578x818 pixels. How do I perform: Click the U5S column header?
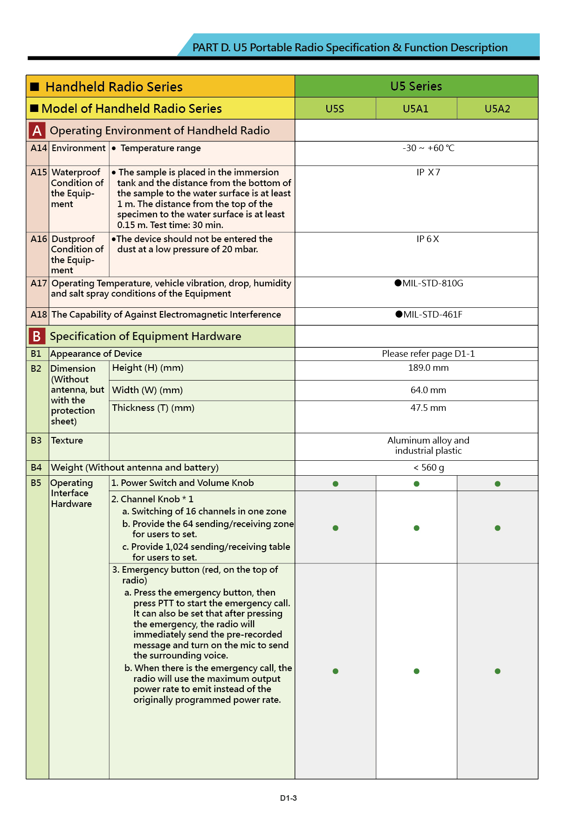pyautogui.click(x=335, y=109)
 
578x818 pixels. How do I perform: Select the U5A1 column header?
pyautogui.click(x=415, y=109)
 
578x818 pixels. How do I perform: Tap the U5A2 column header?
pyautogui.click(x=497, y=109)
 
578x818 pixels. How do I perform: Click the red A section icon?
pyautogui.click(x=37, y=131)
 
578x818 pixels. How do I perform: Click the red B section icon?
pyautogui.click(x=37, y=336)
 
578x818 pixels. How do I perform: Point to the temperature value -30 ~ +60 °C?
pyautogui.click(x=428, y=148)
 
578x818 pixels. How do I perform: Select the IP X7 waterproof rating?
pyautogui.click(x=428, y=172)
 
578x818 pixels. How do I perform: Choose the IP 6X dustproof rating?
pyautogui.click(x=427, y=239)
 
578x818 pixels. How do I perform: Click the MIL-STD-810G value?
pyautogui.click(x=429, y=283)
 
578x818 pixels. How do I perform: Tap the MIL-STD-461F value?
pyautogui.click(x=429, y=314)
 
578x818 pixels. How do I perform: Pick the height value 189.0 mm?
pyautogui.click(x=428, y=367)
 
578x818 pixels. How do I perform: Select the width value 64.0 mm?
pyautogui.click(x=428, y=390)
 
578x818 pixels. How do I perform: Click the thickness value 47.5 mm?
pyautogui.click(x=428, y=408)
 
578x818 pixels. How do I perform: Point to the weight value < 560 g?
pyautogui.click(x=428, y=467)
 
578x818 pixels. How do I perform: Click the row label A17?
pyautogui.click(x=39, y=283)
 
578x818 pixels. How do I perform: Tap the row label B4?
pyautogui.click(x=36, y=467)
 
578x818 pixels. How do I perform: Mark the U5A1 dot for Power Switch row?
pyautogui.click(x=416, y=484)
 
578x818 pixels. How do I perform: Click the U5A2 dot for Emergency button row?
pyautogui.click(x=497, y=671)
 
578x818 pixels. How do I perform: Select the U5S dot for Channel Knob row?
pyautogui.click(x=335, y=528)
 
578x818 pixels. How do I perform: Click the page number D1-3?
pyautogui.click(x=288, y=798)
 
